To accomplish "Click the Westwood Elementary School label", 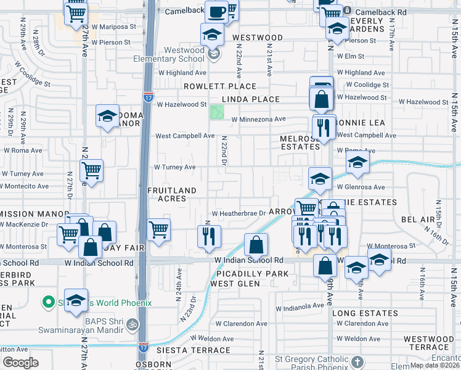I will pyautogui.click(x=169, y=54).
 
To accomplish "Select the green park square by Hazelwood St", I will pyautogui.click(x=216, y=112).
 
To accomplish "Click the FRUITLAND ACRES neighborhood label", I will pyautogui.click(x=171, y=194).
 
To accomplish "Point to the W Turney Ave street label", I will pyautogui.click(x=174, y=167).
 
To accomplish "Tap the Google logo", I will pyautogui.click(x=20, y=362).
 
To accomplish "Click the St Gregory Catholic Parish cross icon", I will pyautogui.click(x=359, y=360).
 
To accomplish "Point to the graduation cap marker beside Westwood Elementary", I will pyautogui.click(x=212, y=35).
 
